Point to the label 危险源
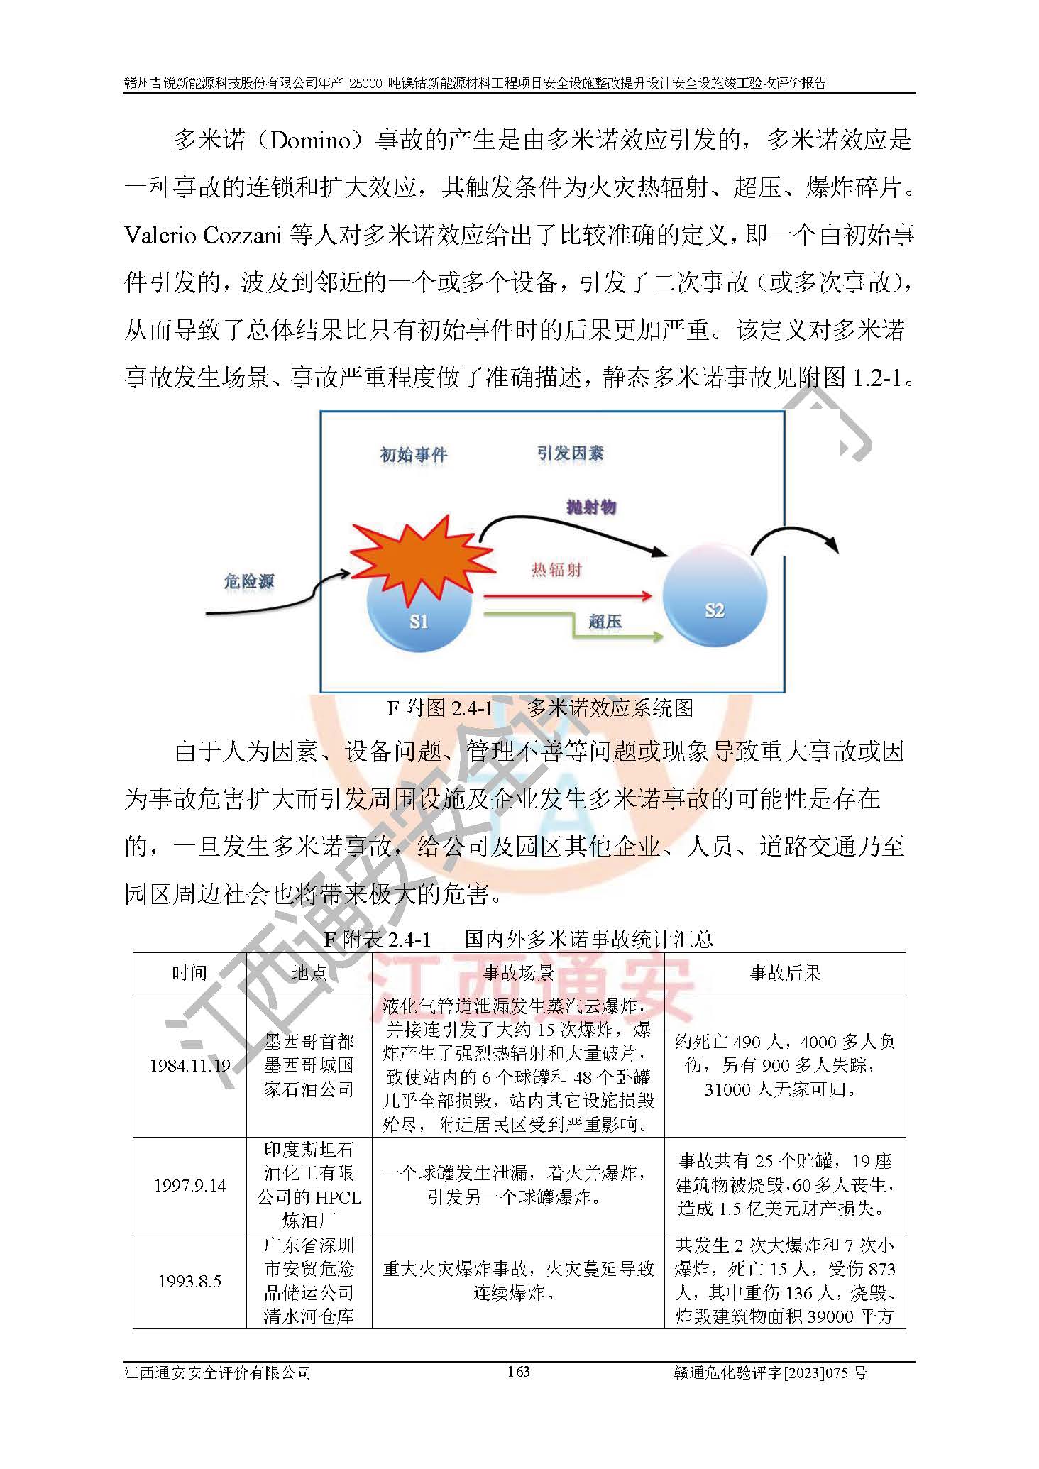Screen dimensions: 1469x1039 pos(248,582)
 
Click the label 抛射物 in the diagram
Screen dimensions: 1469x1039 pos(591,507)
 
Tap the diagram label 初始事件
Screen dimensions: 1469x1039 pos(414,454)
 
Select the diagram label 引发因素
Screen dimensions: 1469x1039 pos(570,453)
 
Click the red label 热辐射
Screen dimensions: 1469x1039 pos(556,569)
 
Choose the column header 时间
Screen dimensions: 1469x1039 pos(189,973)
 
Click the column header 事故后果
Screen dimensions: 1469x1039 pos(785,973)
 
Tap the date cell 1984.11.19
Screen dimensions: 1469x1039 pos(189,1065)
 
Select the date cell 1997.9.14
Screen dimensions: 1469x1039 pos(189,1185)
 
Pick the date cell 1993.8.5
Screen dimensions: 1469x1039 pos(189,1281)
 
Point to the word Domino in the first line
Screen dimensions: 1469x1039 pos(311,141)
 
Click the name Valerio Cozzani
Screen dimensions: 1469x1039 pos(203,236)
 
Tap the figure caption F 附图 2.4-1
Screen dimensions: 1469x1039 pos(440,708)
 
